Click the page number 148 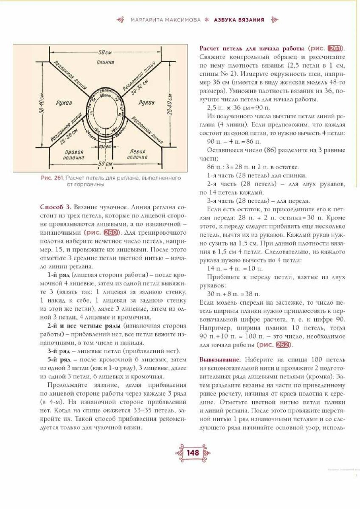192,453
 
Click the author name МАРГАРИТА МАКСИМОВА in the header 165,20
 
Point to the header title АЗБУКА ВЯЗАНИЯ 239,20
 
